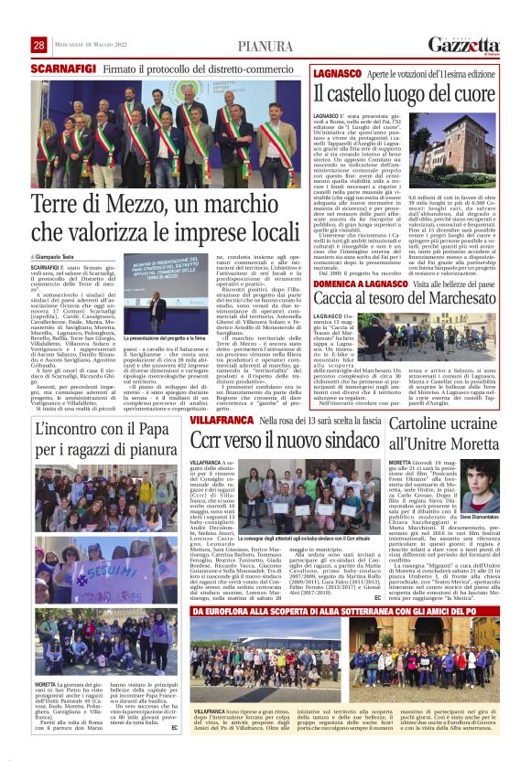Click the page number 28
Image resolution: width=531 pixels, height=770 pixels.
tap(38, 45)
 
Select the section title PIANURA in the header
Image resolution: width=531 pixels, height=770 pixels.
tap(265, 47)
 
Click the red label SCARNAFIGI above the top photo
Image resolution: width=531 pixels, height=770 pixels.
tap(63, 69)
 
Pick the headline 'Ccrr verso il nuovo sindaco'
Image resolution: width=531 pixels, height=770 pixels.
tap(274, 440)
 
